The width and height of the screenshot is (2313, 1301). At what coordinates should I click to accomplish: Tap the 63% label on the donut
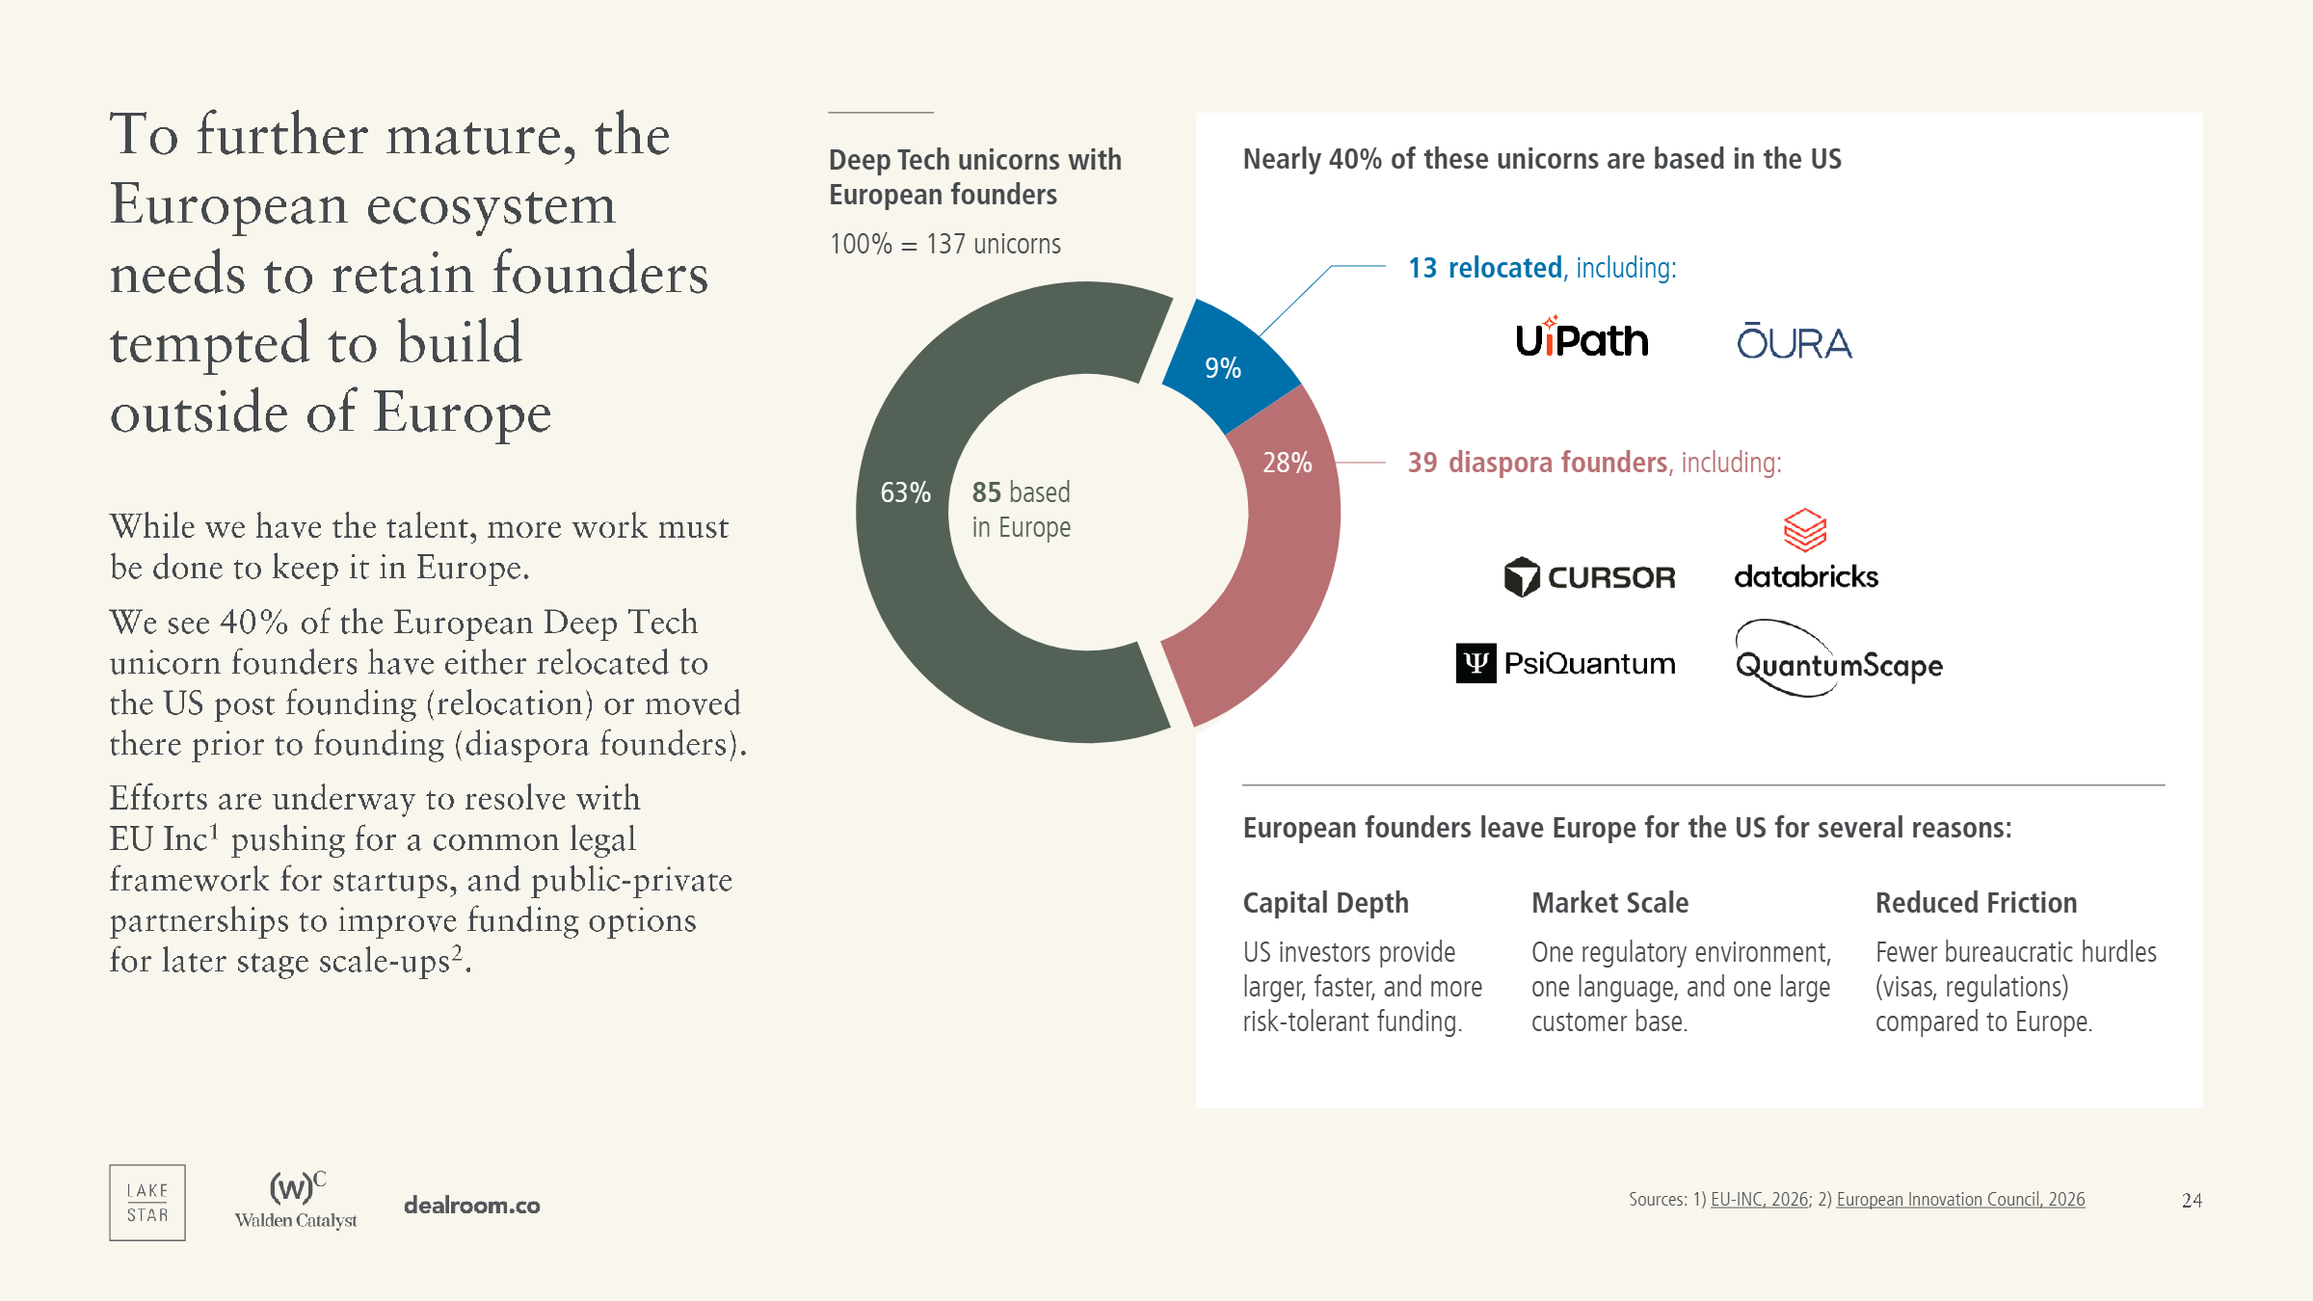coord(905,492)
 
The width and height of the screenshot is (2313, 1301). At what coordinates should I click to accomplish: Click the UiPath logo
coord(1582,339)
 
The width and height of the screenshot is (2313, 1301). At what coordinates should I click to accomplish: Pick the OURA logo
coord(1794,342)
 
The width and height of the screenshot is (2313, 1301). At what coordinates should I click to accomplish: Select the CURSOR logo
coord(1590,577)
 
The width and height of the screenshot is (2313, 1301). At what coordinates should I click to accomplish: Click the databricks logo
coord(1806,549)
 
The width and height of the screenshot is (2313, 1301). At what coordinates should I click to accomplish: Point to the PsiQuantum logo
coord(1566,663)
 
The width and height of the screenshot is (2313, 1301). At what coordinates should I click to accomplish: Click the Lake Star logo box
coord(147,1202)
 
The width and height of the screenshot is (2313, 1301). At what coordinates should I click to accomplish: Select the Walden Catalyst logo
coord(296,1200)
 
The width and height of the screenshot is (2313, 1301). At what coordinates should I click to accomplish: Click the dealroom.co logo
coord(471,1205)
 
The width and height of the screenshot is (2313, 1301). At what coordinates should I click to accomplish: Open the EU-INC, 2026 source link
coord(1760,1199)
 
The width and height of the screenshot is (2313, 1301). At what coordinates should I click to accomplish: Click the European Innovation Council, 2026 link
coord(1960,1199)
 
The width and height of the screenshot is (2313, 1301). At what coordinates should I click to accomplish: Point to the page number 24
coord(2192,1201)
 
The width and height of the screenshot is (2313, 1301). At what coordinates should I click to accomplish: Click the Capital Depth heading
coord(1325,903)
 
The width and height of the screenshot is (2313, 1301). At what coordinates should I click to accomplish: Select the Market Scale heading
coord(1609,903)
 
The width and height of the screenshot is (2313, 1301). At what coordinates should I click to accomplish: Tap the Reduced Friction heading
coord(1976,903)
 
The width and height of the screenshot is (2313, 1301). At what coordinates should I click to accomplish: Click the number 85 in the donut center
coord(986,492)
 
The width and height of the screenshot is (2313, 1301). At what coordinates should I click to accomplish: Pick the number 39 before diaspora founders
coord(1422,463)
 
